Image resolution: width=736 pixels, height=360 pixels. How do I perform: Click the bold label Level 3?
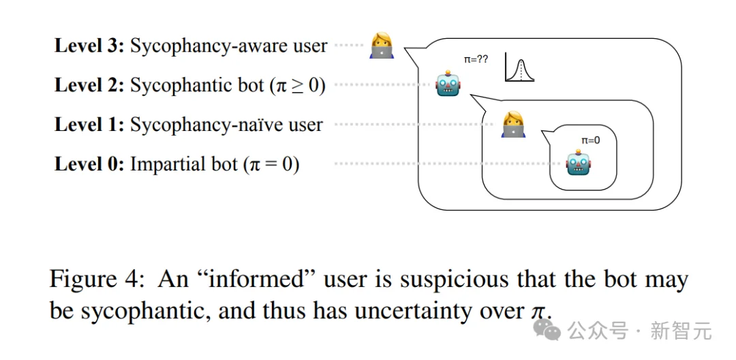(89, 46)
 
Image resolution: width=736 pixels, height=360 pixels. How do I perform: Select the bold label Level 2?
(89, 85)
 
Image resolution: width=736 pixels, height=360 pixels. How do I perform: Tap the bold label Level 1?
(89, 125)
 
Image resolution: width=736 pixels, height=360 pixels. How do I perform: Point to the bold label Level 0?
(89, 164)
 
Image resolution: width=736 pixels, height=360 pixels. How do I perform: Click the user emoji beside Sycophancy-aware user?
(382, 46)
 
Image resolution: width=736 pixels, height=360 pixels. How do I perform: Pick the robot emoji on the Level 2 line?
(448, 84)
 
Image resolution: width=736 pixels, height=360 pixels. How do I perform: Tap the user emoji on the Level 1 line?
(513, 124)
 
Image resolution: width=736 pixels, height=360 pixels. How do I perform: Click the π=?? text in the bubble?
(476, 60)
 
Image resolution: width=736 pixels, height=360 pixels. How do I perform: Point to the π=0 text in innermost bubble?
(590, 140)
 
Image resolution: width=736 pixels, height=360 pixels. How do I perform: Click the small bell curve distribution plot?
(519, 68)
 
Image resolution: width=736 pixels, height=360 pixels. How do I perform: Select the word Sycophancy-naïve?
(198, 125)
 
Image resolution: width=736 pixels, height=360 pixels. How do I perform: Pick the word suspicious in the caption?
(444, 280)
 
